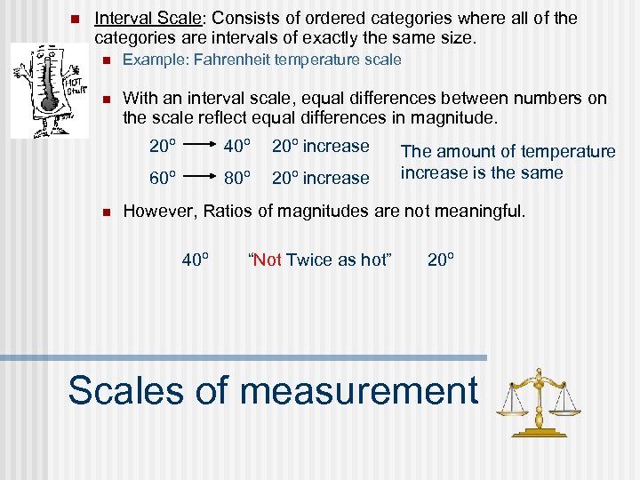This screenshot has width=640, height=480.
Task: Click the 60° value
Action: coord(162,178)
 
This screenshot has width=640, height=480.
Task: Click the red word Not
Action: coord(268,260)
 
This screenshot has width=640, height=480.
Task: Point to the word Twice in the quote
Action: coord(307,260)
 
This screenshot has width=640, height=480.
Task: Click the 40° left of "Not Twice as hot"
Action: coord(196,260)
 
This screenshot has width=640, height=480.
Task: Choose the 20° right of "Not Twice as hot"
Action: coord(441,260)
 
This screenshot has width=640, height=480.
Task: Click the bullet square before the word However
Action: coord(105,212)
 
